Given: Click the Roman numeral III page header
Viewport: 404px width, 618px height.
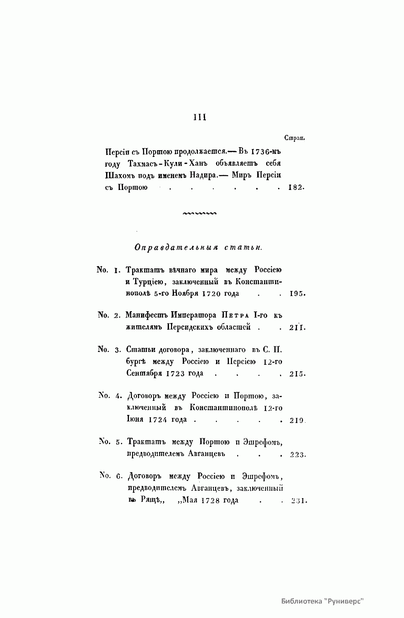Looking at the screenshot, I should coord(200,117).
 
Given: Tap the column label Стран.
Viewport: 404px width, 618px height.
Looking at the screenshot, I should coord(295,138).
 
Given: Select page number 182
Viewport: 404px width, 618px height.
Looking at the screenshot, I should coord(296,188).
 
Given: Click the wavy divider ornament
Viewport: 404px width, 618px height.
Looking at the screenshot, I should coord(199,213).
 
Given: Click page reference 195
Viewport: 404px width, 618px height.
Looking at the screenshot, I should coord(297,294).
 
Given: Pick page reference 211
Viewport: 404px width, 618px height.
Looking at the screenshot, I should coord(297,327).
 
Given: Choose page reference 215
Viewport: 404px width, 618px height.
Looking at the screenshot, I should coord(297,374).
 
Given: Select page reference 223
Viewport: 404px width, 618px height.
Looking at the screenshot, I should coord(297,455).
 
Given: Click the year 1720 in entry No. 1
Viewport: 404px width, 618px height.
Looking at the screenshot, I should coord(211,293).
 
